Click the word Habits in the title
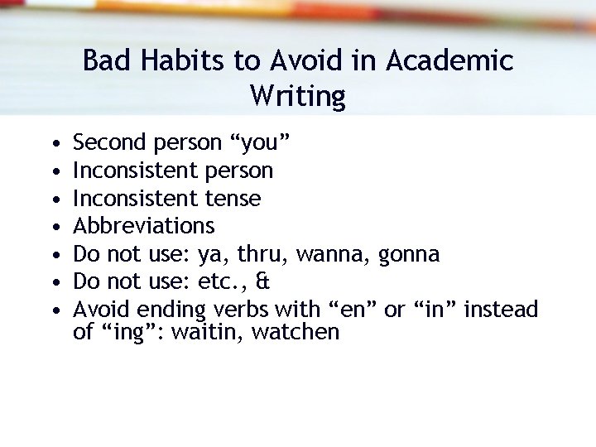coord(166,61)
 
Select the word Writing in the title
coord(297,97)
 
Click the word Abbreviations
coord(144,226)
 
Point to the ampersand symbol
coord(263,282)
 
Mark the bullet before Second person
coord(54,144)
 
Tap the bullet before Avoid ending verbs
coord(54,310)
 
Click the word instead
coord(501,310)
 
